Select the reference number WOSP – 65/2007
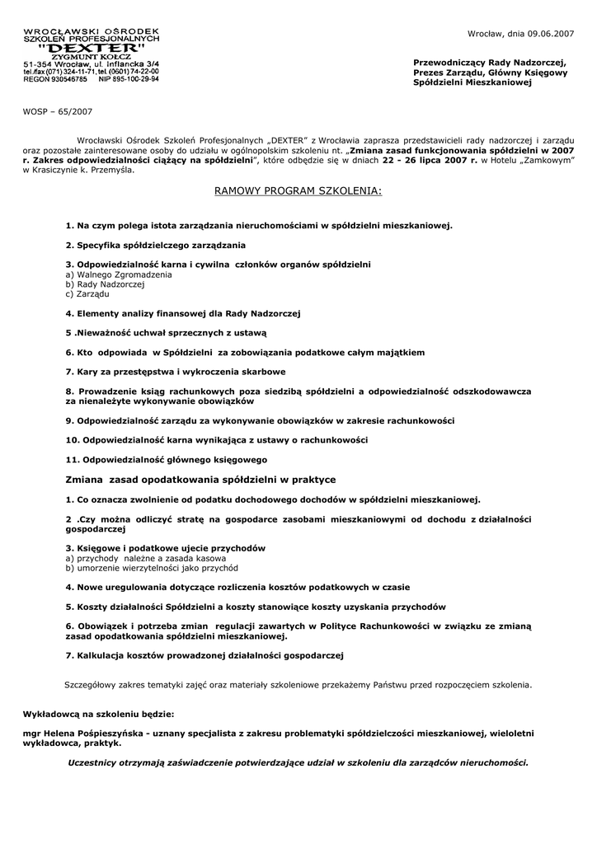pyautogui.click(x=58, y=110)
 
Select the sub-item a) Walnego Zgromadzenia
pyautogui.click(x=118, y=274)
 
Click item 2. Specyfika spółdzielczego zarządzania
pyautogui.click(x=155, y=245)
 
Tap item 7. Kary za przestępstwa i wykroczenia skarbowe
pyautogui.click(x=176, y=371)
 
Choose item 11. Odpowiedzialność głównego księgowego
pyautogui.click(x=166, y=459)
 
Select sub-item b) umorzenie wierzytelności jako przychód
pyautogui.click(x=152, y=568)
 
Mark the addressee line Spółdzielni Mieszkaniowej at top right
pyautogui.click(x=472, y=83)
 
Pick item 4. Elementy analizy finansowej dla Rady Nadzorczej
pyautogui.click(x=183, y=313)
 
